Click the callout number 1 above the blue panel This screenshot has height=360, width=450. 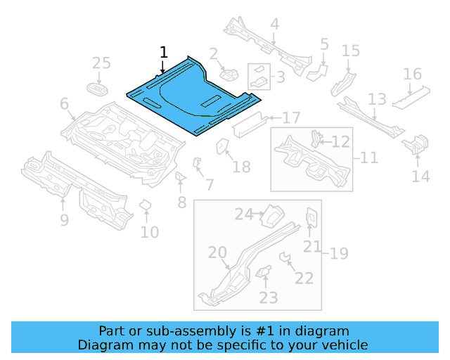(x=164, y=52)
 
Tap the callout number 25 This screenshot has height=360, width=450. (x=102, y=64)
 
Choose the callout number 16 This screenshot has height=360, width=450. (x=412, y=75)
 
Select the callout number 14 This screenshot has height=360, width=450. (x=420, y=176)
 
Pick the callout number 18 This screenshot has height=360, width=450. (x=241, y=167)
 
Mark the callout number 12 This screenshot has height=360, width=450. (x=340, y=142)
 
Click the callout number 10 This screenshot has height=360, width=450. (x=149, y=231)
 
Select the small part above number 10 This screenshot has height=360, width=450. (x=146, y=205)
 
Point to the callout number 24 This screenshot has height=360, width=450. (x=243, y=214)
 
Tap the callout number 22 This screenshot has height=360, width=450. (x=304, y=278)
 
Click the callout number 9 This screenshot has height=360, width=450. (x=64, y=221)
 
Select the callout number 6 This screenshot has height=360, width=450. (x=64, y=105)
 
